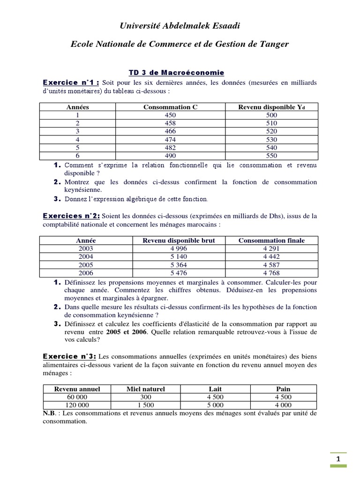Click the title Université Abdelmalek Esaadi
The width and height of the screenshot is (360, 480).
tap(180, 25)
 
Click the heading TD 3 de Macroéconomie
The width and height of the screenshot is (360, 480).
tap(177, 73)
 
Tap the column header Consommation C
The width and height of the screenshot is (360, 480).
tap(170, 107)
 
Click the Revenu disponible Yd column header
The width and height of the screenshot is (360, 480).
tap(271, 107)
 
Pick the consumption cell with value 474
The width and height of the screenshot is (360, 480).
tap(170, 140)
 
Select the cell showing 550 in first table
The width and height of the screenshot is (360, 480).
tap(271, 156)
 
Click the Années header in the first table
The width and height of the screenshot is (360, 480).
tap(78, 107)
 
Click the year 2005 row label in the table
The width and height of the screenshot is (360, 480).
tap(86, 265)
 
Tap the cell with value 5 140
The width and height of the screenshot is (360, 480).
tap(179, 257)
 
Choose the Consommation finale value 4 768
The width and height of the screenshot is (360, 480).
tap(271, 273)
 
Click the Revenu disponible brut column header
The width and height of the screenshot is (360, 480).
tap(179, 240)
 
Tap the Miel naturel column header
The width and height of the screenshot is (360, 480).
tap(146, 389)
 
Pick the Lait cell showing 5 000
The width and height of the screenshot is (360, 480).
tap(215, 405)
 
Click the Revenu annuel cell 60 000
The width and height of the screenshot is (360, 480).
tap(77, 397)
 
